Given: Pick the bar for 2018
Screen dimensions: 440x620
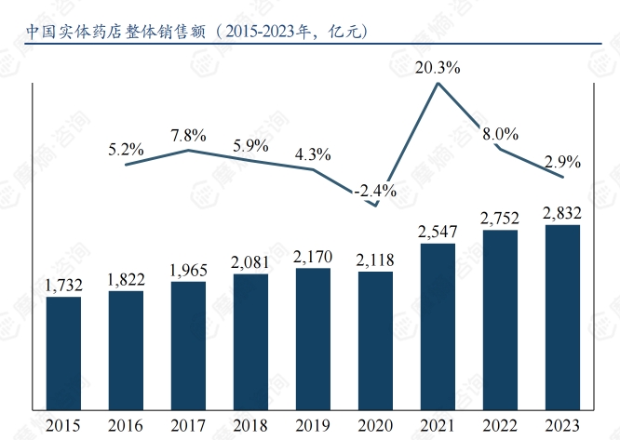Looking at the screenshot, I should [x=250, y=340].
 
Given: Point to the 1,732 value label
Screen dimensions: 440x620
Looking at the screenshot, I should [x=63, y=286].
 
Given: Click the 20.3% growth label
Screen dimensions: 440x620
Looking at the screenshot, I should [x=438, y=67].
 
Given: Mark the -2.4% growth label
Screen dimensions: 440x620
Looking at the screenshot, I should [x=375, y=191].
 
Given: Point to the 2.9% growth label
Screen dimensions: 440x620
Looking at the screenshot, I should [x=563, y=161].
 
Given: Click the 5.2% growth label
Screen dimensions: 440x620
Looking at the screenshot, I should [x=126, y=148].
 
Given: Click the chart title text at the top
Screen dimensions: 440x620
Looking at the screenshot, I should [x=196, y=30].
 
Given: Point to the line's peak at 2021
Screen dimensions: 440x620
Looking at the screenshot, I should [x=438, y=84].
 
